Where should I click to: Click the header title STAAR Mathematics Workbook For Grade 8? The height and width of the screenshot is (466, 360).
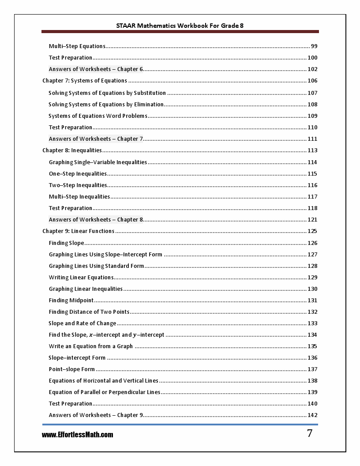tap(180, 26)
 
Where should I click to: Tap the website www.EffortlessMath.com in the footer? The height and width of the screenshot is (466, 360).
tap(78, 435)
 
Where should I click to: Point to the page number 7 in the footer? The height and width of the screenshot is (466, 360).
tap(310, 433)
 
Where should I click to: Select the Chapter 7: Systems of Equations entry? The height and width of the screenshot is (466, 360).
tap(85, 81)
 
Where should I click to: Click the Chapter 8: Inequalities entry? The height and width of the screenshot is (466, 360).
tap(72, 150)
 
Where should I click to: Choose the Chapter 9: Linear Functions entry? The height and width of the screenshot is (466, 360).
tap(78, 231)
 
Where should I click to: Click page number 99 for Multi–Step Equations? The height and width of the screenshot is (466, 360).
tap(314, 46)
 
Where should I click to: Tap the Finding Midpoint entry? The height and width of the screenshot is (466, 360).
tap(71, 301)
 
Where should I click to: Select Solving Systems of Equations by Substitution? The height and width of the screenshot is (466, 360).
tap(107, 93)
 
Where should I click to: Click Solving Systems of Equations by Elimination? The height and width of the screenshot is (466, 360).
tap(106, 105)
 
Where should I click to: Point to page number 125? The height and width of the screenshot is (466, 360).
tap(312, 231)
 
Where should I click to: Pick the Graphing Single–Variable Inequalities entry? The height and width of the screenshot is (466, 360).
tap(98, 162)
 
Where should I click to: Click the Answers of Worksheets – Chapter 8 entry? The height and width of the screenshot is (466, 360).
tap(96, 220)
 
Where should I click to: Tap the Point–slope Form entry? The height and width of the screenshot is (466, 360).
tap(71, 369)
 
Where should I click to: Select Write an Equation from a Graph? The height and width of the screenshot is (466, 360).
tap(90, 346)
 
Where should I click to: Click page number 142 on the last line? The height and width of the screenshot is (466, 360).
tap(312, 415)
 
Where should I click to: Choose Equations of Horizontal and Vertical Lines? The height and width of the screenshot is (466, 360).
tap(103, 381)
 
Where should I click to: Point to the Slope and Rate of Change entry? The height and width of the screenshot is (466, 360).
tap(82, 323)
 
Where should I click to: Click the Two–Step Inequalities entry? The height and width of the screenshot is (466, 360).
tap(78, 185)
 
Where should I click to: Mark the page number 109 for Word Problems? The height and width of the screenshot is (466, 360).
tap(312, 116)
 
